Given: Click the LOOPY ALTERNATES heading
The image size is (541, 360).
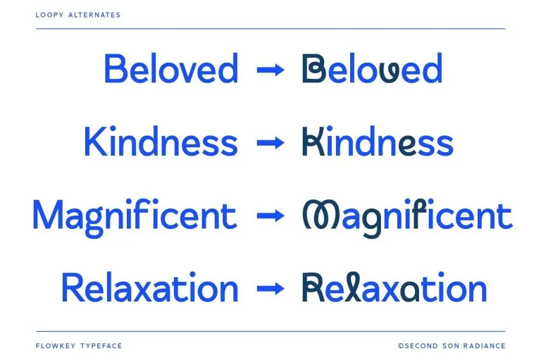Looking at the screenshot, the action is coord(78,15).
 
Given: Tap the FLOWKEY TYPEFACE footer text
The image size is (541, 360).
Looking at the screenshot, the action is coord(79,346).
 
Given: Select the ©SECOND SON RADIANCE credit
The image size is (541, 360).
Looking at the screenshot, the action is coord(452,346).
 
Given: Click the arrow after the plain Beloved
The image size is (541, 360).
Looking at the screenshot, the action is coord(270,70).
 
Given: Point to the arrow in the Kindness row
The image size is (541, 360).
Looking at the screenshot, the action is coord(270,142).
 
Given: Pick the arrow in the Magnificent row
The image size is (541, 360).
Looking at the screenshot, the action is coord(270,216).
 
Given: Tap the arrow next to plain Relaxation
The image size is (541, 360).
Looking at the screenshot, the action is coord(270,289).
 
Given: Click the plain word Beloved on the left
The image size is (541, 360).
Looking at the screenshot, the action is coord(171,68).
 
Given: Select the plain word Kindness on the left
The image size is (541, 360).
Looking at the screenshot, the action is coord(161,141).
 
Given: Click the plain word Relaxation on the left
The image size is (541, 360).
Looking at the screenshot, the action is coord(150,287).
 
